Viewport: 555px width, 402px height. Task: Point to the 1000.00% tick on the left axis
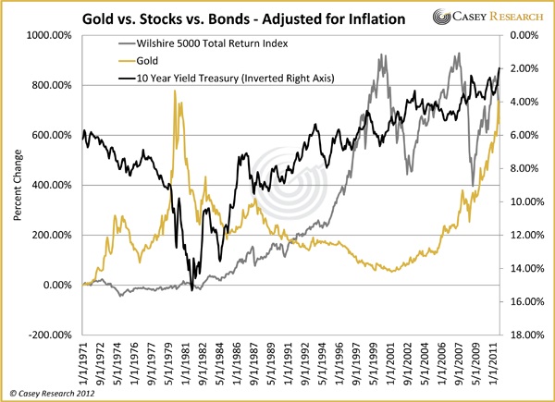tap(54, 35)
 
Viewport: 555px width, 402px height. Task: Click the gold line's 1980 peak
tap(175, 91)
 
